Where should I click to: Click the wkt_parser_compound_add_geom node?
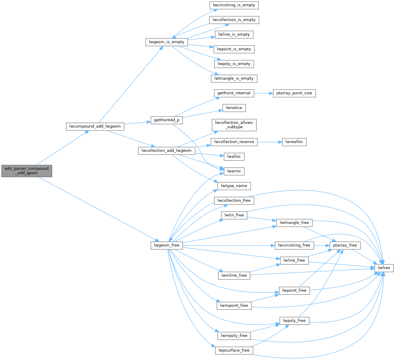coord(26,171)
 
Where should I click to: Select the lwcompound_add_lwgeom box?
coord(95,126)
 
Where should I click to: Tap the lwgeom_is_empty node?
coord(167,42)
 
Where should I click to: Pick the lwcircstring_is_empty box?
coord(234,5)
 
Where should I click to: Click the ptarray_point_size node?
coord(294,93)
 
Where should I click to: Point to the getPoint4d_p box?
coord(167,120)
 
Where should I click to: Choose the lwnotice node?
coord(234,108)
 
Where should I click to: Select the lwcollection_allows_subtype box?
coord(234,125)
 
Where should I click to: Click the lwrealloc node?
coord(294,142)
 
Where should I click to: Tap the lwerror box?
coord(234,171)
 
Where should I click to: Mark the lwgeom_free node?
coord(167,245)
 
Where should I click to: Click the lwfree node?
coord(384,268)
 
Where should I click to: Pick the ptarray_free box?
coord(345,245)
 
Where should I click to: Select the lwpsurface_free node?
coord(234,350)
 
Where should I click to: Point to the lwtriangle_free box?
coord(294,223)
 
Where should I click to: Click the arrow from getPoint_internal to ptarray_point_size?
coord(264,93)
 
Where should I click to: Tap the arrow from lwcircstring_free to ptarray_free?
coord(322,245)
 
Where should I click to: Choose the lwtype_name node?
coord(234,186)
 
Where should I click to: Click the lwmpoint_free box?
coord(234,306)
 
